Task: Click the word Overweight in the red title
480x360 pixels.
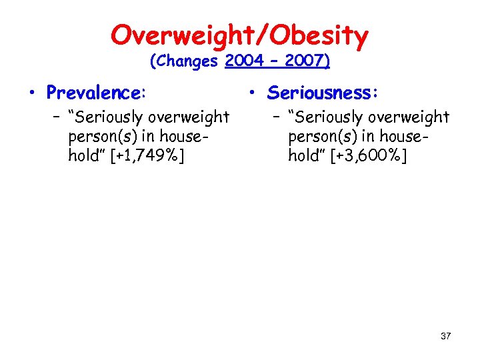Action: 177,35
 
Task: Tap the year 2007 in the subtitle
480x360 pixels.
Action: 306,61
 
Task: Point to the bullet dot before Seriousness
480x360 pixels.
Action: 254,91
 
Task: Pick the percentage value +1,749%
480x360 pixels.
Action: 147,156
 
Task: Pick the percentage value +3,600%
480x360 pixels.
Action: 367,156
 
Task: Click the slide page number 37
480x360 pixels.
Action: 445,336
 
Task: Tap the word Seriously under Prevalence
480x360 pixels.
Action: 109,118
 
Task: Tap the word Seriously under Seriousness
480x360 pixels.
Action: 329,118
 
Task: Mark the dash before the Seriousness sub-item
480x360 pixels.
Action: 277,117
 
